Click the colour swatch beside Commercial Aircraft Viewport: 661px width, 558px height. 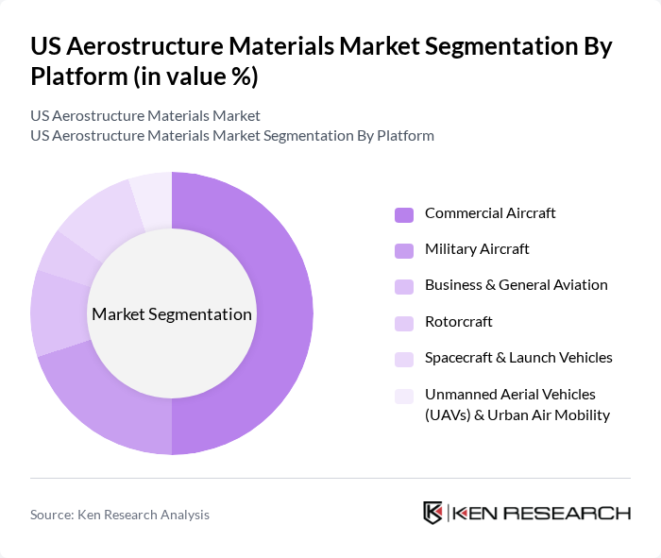point(404,214)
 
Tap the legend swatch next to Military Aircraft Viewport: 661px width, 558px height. point(404,250)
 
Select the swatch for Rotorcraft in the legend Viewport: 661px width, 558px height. point(404,323)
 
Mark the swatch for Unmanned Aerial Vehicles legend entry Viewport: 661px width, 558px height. point(404,396)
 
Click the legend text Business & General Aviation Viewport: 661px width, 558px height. point(516,285)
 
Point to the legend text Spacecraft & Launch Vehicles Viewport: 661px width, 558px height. point(518,358)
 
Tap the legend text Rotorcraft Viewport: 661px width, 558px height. point(459,322)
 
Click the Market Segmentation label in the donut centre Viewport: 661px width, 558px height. point(172,314)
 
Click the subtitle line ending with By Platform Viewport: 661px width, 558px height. point(232,136)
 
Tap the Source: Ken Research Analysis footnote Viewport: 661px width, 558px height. point(120,515)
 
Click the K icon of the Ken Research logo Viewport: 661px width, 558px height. point(433,513)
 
